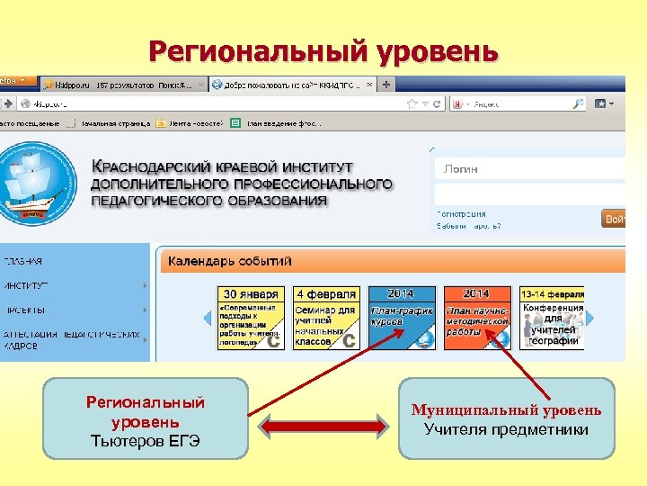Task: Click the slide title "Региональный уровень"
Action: [x=323, y=51]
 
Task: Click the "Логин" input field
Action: [x=528, y=169]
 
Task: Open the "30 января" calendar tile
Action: [x=251, y=318]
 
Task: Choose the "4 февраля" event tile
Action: [x=326, y=318]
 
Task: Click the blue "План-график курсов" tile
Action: [x=402, y=318]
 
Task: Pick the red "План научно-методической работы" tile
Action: [x=476, y=318]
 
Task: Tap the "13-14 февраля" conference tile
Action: [x=552, y=318]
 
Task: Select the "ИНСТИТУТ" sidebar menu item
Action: [x=26, y=285]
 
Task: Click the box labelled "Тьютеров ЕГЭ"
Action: [x=146, y=418]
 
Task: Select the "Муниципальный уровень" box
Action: [x=507, y=418]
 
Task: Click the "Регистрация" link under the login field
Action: [x=461, y=214]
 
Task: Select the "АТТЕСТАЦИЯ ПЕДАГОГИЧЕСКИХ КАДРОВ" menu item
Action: [x=72, y=338]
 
